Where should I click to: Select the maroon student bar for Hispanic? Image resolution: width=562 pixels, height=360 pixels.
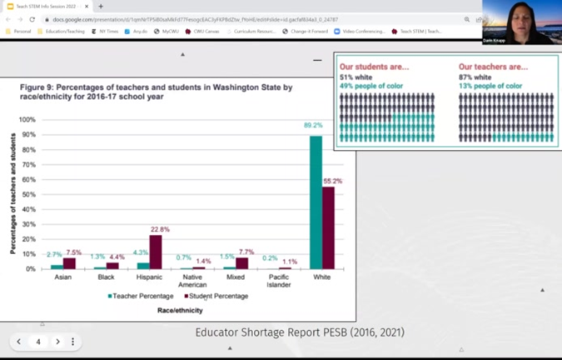coord(155,252)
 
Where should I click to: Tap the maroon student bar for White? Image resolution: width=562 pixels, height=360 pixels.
coord(328,227)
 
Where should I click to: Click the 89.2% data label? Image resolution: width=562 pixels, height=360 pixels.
coord(313,126)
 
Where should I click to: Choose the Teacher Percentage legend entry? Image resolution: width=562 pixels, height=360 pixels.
coord(141,296)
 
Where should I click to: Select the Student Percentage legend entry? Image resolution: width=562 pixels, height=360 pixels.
coord(216,296)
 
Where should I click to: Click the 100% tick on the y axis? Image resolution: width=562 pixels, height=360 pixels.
coord(27,120)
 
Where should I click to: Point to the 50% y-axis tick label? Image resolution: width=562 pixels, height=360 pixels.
coord(29,194)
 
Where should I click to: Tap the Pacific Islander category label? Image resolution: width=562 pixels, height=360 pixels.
coord(279,281)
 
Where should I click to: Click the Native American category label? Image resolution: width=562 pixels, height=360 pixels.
coord(191,281)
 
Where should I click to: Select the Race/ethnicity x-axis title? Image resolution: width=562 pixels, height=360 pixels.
coord(180,311)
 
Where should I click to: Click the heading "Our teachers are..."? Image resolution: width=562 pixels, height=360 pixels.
coord(493,67)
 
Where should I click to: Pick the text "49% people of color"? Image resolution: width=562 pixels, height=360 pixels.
coord(371,86)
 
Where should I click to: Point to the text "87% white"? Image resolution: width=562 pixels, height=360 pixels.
coord(475,77)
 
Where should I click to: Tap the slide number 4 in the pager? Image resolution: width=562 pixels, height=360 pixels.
coord(38,342)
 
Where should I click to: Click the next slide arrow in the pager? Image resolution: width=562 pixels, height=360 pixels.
coord(57,342)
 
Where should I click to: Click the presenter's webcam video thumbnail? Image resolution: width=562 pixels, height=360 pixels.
coord(522,22)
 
